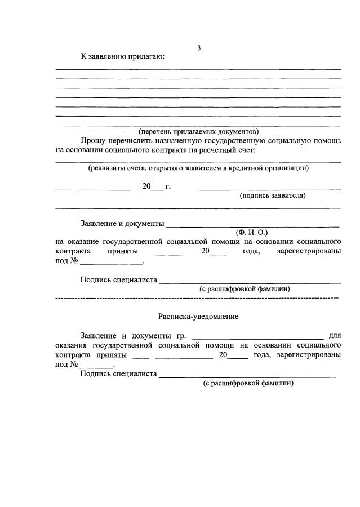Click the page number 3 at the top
point(198,48)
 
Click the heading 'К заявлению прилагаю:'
point(122,56)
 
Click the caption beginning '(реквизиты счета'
point(198,167)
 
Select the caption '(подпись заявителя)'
point(273,195)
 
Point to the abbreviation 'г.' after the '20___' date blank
point(167,186)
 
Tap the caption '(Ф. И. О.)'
point(252,232)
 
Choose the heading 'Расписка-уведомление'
point(198,317)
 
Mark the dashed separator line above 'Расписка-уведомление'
point(197,297)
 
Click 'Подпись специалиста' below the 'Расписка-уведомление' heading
point(118,373)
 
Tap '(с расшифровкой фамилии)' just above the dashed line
point(245,288)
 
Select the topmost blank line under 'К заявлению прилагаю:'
point(198,69)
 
